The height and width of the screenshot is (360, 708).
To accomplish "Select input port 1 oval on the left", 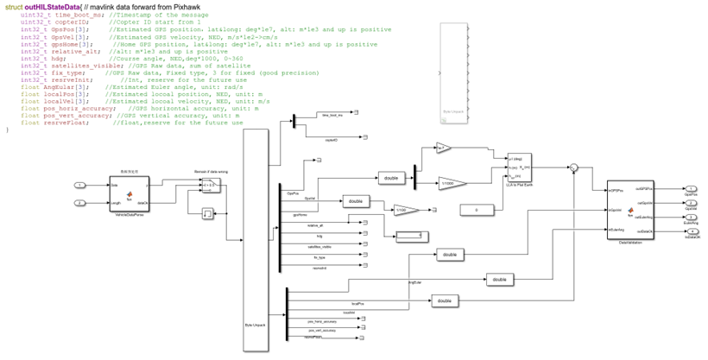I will tap(79, 185).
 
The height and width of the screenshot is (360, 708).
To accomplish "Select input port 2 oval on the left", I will tap(79, 203).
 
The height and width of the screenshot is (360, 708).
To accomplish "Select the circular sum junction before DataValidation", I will tap(572, 168).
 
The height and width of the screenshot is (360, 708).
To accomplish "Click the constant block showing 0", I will tap(475, 210).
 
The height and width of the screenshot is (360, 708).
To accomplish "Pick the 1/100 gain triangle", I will tap(405, 210).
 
